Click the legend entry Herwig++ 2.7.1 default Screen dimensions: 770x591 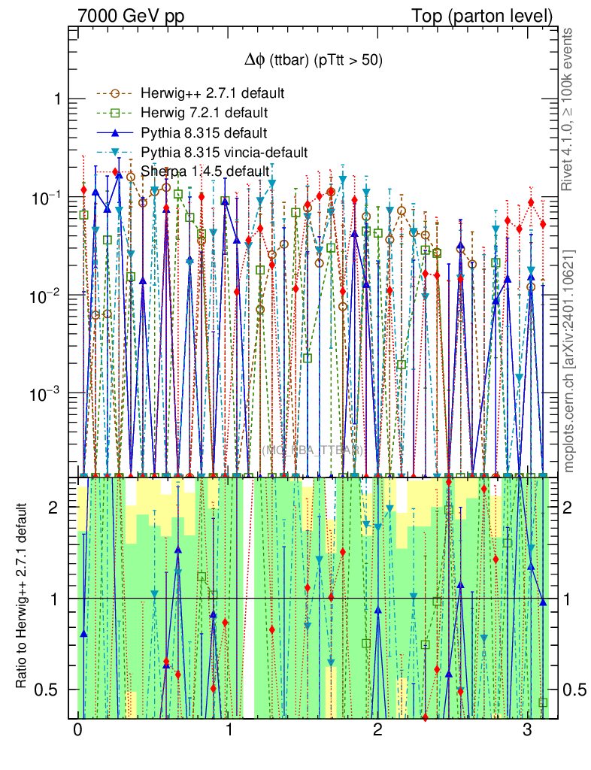pos(212,94)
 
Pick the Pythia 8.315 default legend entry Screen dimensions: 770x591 pos(204,133)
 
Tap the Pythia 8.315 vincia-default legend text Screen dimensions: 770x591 pos(224,153)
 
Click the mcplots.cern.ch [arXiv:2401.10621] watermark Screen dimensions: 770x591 pos(569,361)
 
